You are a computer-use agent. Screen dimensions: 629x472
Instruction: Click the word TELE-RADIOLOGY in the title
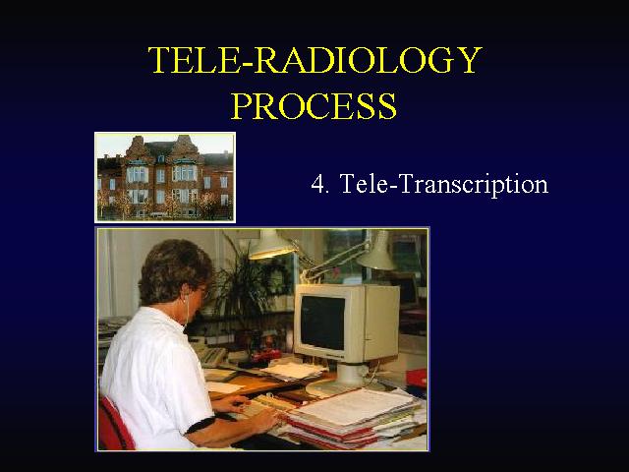(314, 59)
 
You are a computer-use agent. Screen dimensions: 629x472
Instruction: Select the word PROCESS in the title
(314, 105)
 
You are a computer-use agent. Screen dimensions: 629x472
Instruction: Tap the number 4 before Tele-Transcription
(317, 184)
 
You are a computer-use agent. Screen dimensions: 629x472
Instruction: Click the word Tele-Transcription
(444, 185)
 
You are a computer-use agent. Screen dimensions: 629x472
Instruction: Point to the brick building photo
(165, 177)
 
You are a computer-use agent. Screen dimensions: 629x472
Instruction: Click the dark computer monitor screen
(322, 323)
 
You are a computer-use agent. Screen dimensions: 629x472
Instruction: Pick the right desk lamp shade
(377, 252)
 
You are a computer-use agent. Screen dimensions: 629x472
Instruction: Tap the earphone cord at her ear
(187, 309)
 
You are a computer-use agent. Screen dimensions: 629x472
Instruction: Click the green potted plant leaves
(249, 281)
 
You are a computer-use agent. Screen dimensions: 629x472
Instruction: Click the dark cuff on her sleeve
(200, 425)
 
